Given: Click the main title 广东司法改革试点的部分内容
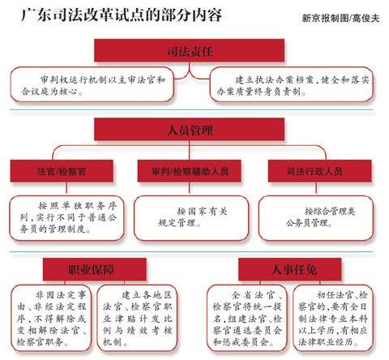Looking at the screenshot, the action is [122, 15].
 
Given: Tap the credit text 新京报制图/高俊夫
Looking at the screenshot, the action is [340, 18].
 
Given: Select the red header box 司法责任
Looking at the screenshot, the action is [189, 50].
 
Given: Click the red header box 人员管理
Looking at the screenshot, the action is [189, 129].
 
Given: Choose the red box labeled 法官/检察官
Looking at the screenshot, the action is [62, 171].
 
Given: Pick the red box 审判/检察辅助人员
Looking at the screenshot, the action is [190, 171].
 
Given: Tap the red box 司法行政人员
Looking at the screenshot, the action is [320, 171].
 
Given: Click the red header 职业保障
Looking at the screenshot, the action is [95, 269].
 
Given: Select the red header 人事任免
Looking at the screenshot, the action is [290, 269].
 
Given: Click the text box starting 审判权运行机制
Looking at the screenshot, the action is [92, 84].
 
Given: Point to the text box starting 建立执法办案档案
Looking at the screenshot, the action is [292, 84].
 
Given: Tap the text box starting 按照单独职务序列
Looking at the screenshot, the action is [67, 218].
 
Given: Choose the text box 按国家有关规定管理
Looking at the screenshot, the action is [191, 218].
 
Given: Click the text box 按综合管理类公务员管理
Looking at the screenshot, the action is [316, 218].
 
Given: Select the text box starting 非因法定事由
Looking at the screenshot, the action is [51, 318].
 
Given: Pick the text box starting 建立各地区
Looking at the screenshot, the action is [137, 318].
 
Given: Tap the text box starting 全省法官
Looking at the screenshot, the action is [246, 318].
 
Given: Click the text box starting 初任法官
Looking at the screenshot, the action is [333, 318].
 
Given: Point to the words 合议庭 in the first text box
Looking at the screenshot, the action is [35, 92].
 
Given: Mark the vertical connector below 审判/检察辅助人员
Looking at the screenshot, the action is [190, 187].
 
